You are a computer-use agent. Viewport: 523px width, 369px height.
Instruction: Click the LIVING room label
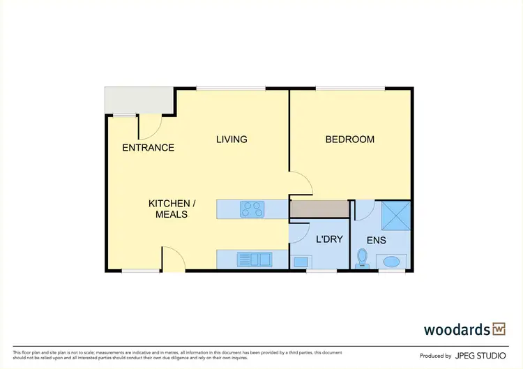click(232, 140)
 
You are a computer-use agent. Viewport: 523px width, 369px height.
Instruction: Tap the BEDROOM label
click(350, 140)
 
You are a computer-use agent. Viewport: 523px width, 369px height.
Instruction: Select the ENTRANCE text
click(148, 148)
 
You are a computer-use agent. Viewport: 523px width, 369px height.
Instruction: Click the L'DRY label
click(329, 239)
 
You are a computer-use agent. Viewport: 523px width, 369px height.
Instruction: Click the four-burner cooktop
click(252, 208)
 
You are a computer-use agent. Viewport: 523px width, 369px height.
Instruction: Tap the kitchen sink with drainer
click(254, 259)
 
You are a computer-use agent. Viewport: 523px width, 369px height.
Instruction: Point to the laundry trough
click(301, 262)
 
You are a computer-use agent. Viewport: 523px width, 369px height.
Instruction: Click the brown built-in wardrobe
click(319, 209)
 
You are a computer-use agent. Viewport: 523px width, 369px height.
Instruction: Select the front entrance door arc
click(151, 126)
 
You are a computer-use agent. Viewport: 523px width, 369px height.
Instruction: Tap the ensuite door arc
click(366, 209)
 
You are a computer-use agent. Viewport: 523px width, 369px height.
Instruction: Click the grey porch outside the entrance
click(139, 100)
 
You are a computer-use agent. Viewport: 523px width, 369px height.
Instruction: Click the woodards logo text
click(456, 329)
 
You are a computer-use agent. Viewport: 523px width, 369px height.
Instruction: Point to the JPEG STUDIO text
click(481, 356)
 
